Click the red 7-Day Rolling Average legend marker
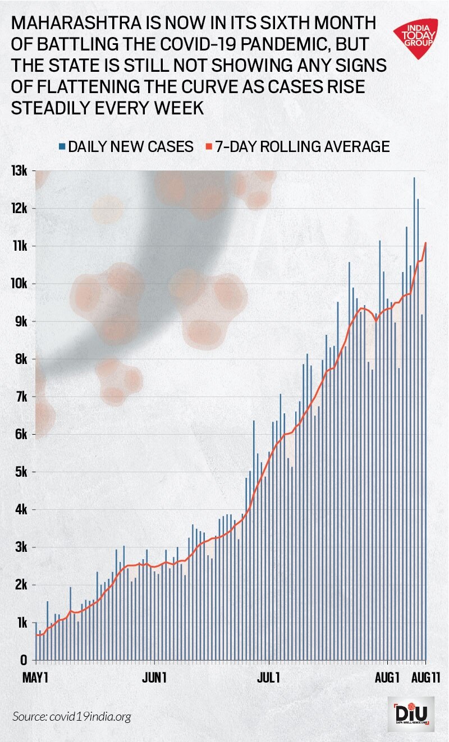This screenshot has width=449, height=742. click(208, 147)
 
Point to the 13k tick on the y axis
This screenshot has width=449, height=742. click(21, 170)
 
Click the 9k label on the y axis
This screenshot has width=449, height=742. click(21, 321)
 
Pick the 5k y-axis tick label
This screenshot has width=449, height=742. click(21, 472)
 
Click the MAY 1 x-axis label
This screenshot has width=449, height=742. click(35, 678)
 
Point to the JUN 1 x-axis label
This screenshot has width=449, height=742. click(154, 678)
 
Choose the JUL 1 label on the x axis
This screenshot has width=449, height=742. click(269, 678)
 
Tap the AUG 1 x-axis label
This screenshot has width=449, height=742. click(387, 678)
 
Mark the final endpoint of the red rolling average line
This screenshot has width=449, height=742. click(426, 243)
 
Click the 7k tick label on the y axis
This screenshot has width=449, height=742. click(21, 397)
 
